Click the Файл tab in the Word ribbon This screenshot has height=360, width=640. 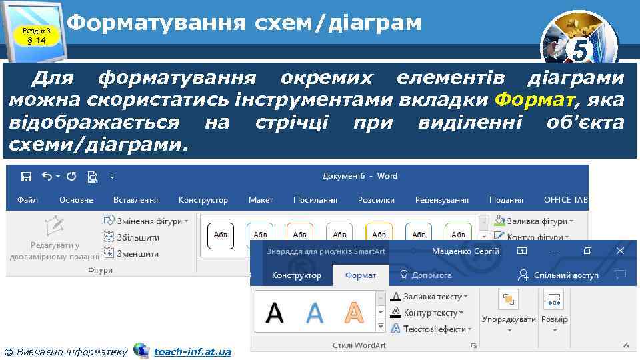pos(27,200)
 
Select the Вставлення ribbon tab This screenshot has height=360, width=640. pos(135,200)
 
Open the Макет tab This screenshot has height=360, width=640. pos(261,200)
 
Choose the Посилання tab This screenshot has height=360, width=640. pos(315,200)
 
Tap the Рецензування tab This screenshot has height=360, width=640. pos(441,200)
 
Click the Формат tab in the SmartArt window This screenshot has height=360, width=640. pos(360,275)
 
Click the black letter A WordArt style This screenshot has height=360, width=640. pos(275,313)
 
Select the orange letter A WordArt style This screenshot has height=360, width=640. pos(354,313)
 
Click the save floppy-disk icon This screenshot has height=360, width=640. pos(27,177)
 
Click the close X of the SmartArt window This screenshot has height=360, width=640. pos(620,251)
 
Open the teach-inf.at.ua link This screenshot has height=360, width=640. pos(192,352)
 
